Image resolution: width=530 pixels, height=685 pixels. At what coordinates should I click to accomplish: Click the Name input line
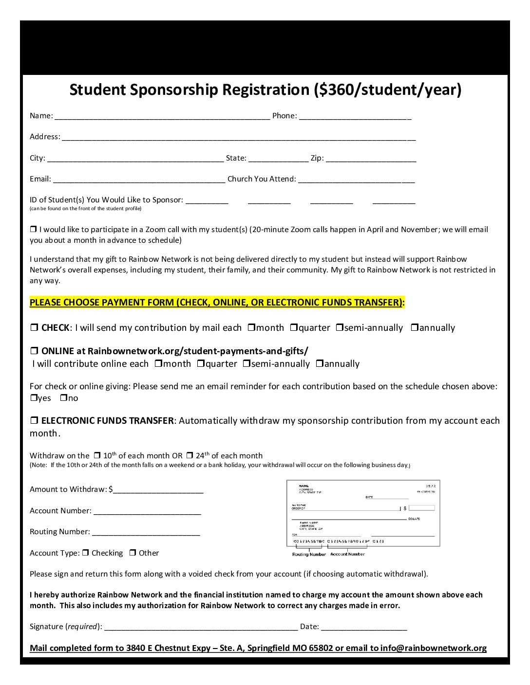click(x=162, y=116)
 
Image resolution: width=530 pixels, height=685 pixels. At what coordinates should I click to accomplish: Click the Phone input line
click(x=355, y=116)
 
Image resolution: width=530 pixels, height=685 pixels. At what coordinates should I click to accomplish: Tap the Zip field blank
click(x=371, y=159)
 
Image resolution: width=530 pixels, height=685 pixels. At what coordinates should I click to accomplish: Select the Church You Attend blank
click(x=356, y=180)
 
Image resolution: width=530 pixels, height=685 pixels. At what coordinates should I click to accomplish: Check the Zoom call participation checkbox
click(x=34, y=229)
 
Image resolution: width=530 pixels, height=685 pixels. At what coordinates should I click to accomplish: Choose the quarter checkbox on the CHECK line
click(x=294, y=327)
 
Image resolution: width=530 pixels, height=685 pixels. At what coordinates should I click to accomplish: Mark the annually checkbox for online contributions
click(x=320, y=363)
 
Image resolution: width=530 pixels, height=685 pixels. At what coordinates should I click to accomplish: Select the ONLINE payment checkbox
click(x=34, y=351)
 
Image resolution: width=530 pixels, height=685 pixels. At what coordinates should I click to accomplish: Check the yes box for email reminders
click(x=34, y=398)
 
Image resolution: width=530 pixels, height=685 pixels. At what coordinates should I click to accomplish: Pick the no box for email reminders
click(x=63, y=398)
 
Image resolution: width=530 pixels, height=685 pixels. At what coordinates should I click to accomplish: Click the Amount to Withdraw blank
click(x=158, y=490)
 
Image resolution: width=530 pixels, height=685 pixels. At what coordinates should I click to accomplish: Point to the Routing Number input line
click(x=146, y=532)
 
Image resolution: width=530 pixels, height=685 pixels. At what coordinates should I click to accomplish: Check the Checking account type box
click(x=86, y=553)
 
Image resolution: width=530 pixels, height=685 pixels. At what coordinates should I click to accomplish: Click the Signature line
click(x=201, y=627)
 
